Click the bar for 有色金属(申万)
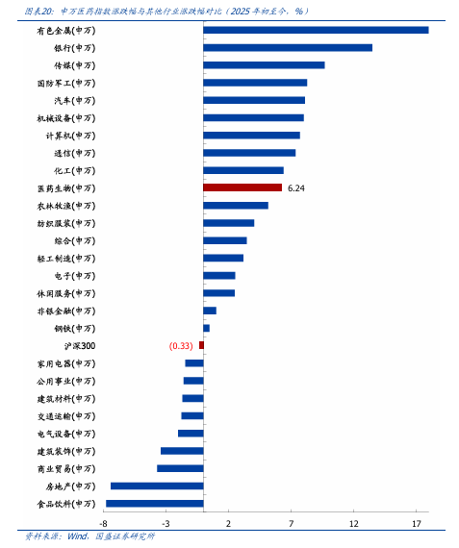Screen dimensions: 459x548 coord(316,30)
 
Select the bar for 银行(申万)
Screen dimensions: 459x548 coord(288,47)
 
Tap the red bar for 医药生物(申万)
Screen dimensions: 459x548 coord(242,187)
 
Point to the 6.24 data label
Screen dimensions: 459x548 coord(296,188)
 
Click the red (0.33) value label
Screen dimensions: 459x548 coord(181,346)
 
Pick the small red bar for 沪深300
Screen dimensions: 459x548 coord(201,345)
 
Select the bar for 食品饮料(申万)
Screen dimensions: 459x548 coord(155,503)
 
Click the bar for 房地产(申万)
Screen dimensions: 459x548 coord(157,486)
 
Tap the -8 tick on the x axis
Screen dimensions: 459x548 coord(103,524)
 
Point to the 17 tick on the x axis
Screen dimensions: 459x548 coord(417,524)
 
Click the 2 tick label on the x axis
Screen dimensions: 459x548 coord(228,524)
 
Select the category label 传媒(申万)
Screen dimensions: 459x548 coord(74,65)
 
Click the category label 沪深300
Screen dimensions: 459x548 coord(80,346)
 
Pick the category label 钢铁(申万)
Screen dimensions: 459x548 coord(74,329)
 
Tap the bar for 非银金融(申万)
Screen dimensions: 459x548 coord(210,311)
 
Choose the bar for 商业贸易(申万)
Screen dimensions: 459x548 coord(180,468)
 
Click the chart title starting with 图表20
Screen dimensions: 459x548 coord(166,12)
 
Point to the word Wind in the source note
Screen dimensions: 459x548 coord(77,536)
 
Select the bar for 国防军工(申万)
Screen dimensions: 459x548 coord(255,83)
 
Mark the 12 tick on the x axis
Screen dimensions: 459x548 coord(354,524)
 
